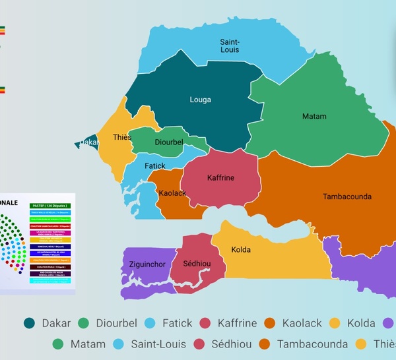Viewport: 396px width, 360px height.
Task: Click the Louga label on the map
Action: [200, 100]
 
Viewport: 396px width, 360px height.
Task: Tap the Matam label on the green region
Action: [314, 117]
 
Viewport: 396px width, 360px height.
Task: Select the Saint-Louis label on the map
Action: [230, 45]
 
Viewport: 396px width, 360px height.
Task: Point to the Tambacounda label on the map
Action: [346, 196]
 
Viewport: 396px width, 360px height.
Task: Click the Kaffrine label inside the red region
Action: [220, 178]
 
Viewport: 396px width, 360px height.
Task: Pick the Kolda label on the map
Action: [242, 250]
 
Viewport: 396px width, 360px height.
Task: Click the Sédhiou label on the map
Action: [196, 264]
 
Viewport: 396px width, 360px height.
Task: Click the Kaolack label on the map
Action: [172, 193]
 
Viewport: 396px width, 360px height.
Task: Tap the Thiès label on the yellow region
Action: [122, 138]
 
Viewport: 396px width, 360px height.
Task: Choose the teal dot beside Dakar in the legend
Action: [29, 323]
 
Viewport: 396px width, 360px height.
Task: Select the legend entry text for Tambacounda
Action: [312, 344]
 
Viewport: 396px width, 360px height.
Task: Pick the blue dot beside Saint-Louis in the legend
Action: [119, 344]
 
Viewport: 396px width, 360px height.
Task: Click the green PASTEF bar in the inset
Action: [50, 206]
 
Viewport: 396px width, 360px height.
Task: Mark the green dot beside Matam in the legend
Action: [57, 344]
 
